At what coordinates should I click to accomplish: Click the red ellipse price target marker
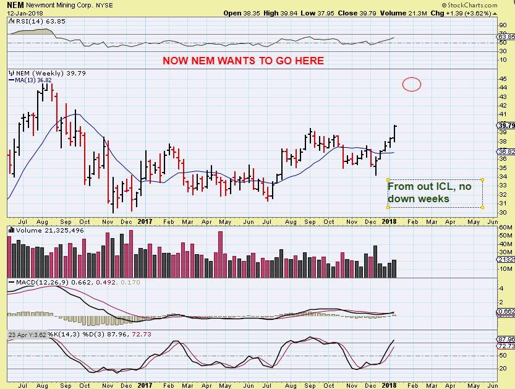coord(412,84)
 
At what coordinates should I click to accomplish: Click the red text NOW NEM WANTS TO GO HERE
coord(243,61)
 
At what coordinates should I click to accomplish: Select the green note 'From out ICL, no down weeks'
coord(435,193)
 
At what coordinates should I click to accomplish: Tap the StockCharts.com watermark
coord(483,4)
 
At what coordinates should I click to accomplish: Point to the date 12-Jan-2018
coord(21,13)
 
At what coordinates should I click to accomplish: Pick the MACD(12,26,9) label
coord(35,282)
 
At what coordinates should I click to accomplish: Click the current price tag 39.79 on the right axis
coord(506,126)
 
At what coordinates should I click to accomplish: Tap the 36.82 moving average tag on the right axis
coord(506,152)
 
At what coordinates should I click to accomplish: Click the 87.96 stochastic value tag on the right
coord(506,339)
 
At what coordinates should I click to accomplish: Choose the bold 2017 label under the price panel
coord(145,221)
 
